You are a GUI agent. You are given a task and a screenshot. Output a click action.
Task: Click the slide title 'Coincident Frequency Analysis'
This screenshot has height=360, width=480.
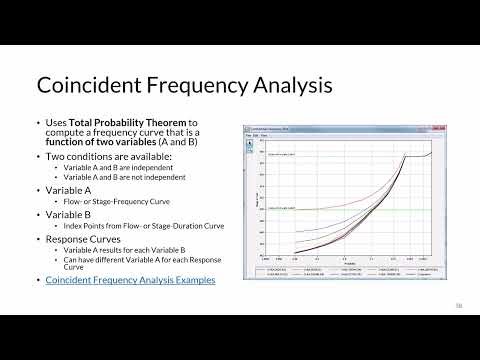coord(184,85)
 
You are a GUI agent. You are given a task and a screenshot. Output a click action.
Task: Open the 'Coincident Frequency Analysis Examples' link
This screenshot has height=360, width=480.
coord(130,280)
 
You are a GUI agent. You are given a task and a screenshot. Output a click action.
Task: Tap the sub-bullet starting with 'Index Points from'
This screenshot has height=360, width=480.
coord(140,226)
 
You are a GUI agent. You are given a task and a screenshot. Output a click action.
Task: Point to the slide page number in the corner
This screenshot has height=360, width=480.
coord(459,304)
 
